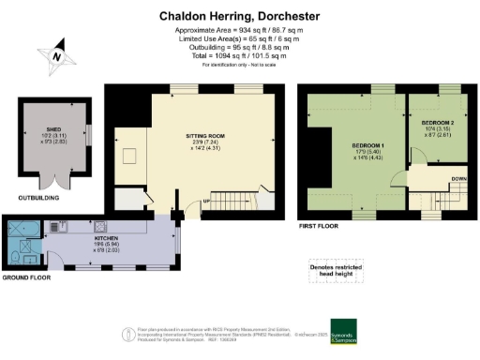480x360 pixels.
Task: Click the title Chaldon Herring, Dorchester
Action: point(239,16)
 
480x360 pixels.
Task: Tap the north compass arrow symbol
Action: point(58,53)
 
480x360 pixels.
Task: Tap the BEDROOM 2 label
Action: point(437,124)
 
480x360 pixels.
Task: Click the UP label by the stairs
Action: point(206,201)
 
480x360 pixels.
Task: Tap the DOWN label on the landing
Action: point(458,179)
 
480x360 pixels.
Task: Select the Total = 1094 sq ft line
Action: point(239,55)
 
